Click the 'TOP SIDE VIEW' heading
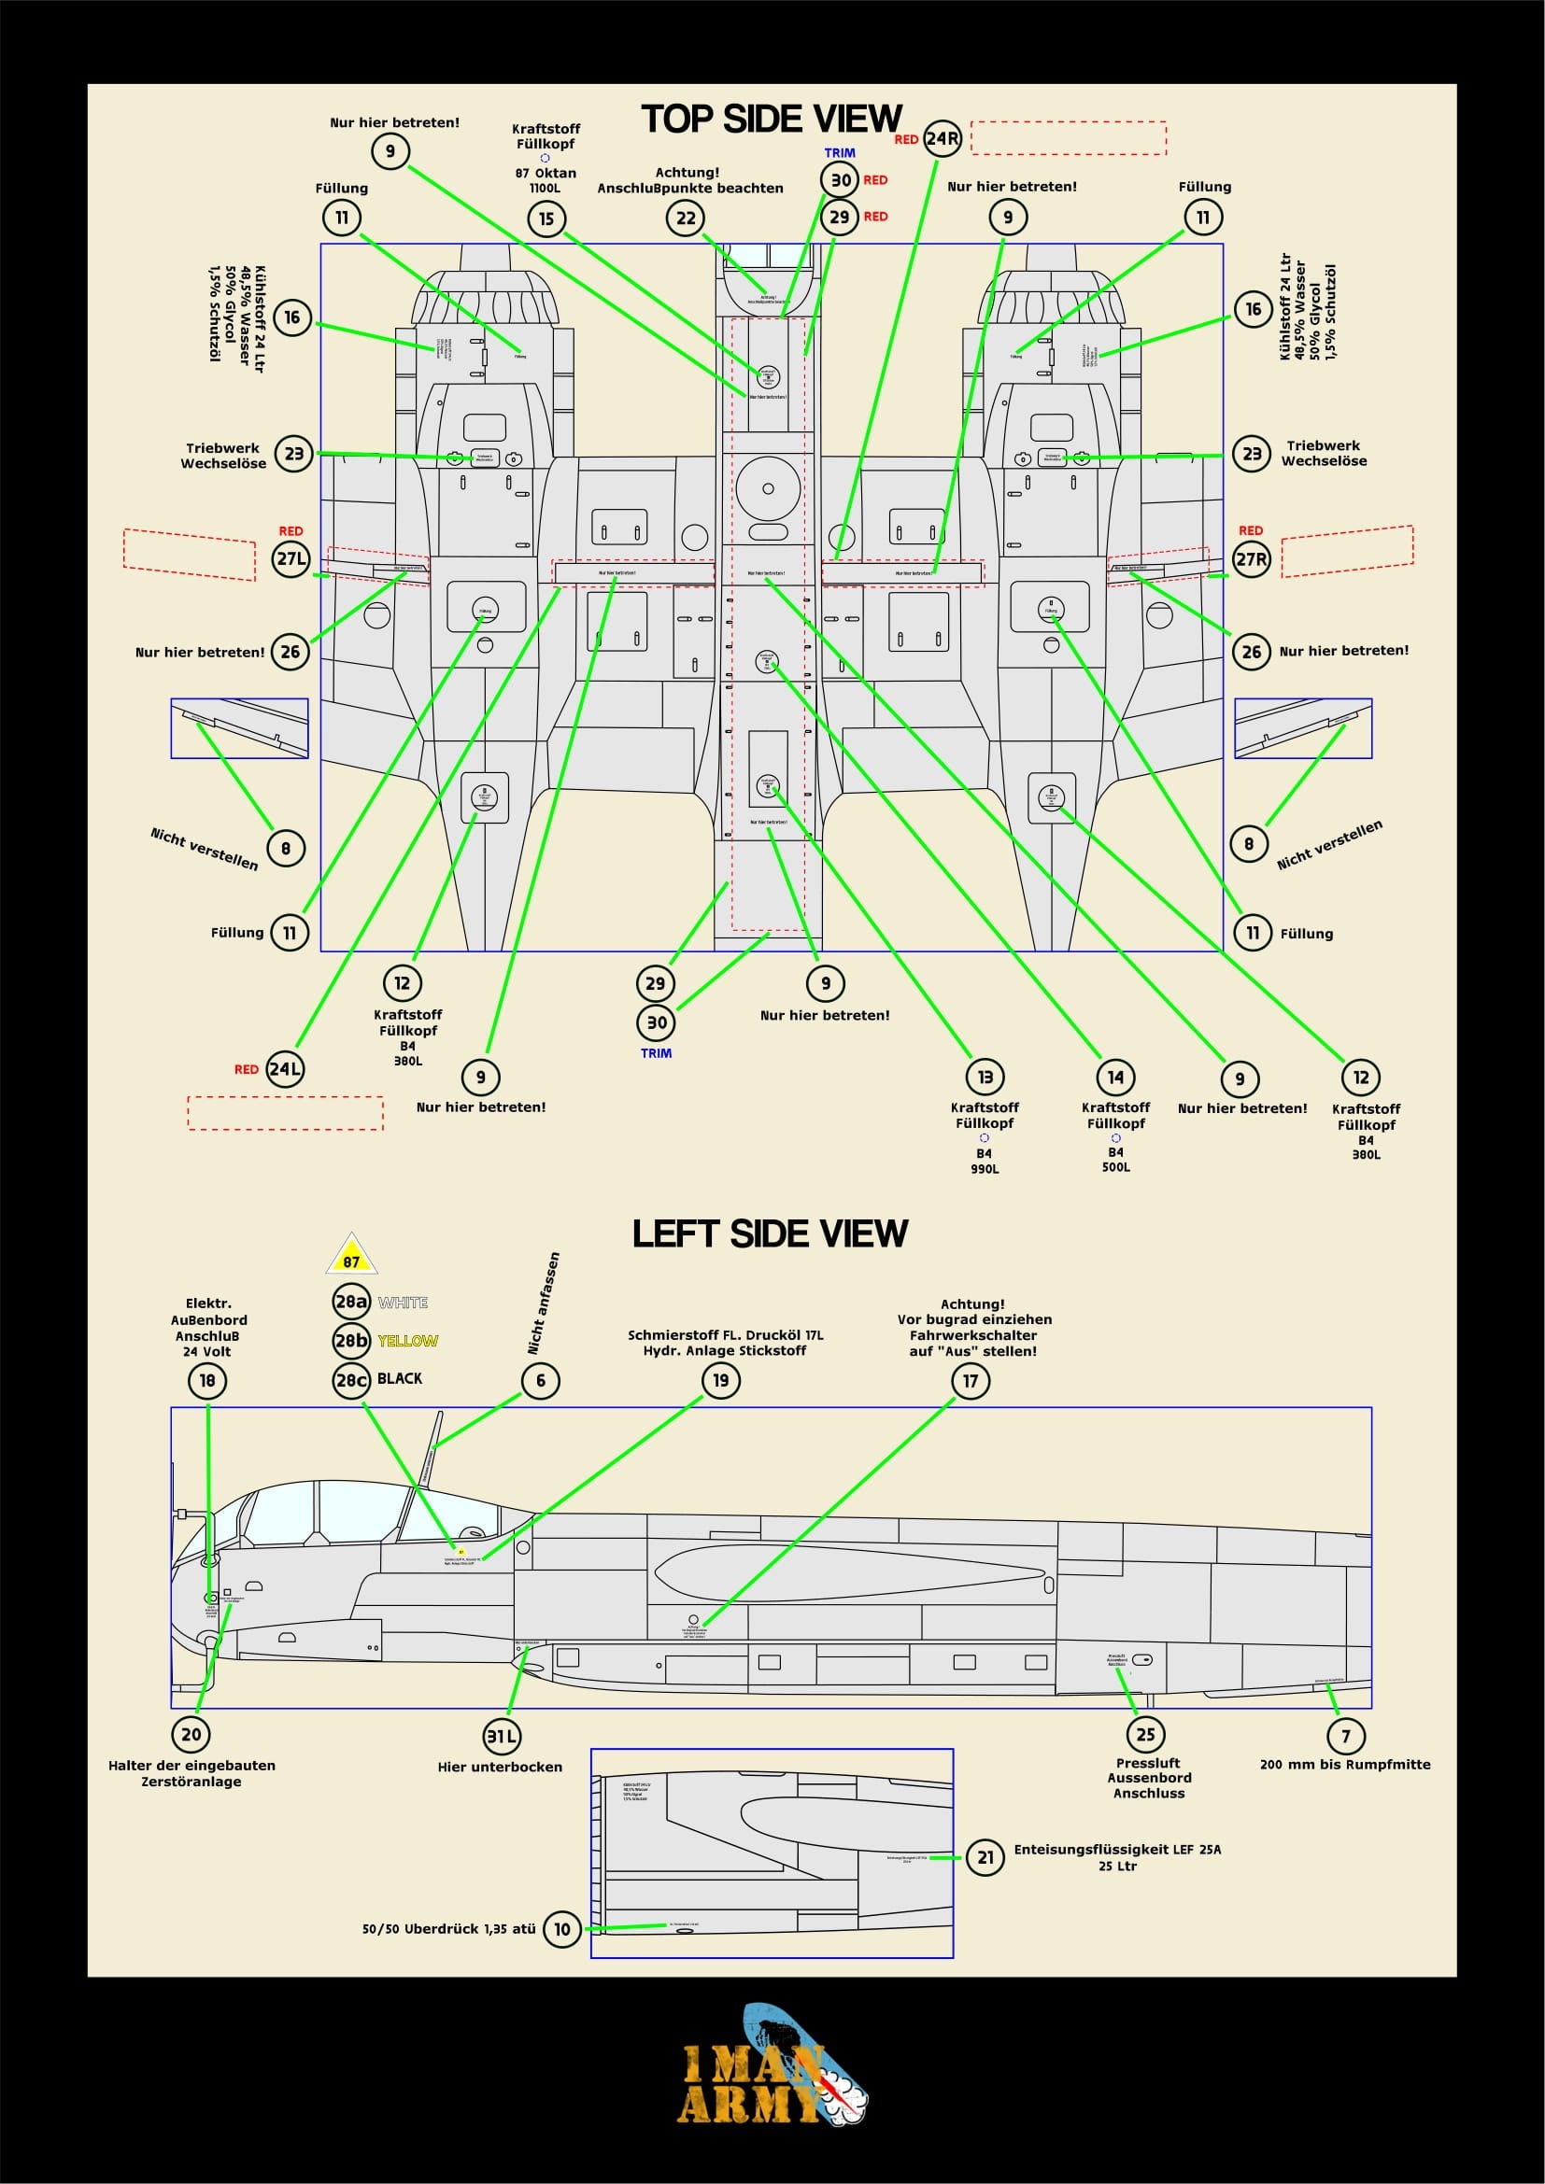tap(771, 119)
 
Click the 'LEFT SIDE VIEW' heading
tap(770, 1233)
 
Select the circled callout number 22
tap(685, 218)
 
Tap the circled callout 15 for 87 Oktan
tap(546, 218)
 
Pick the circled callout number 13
tap(985, 1077)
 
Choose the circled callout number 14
tap(1115, 1077)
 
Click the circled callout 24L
tap(285, 1069)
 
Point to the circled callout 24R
tap(942, 139)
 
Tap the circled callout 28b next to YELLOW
tap(350, 1341)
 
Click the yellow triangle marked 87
tap(352, 1257)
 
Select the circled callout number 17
tap(971, 1381)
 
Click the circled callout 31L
tap(502, 1736)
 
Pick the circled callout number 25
tap(1145, 1734)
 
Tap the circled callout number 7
tap(1345, 1736)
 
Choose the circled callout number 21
tap(985, 1857)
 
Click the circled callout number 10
tap(561, 1929)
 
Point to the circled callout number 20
tap(191, 1734)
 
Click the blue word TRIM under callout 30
tap(656, 1054)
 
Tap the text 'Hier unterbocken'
tap(500, 1768)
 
